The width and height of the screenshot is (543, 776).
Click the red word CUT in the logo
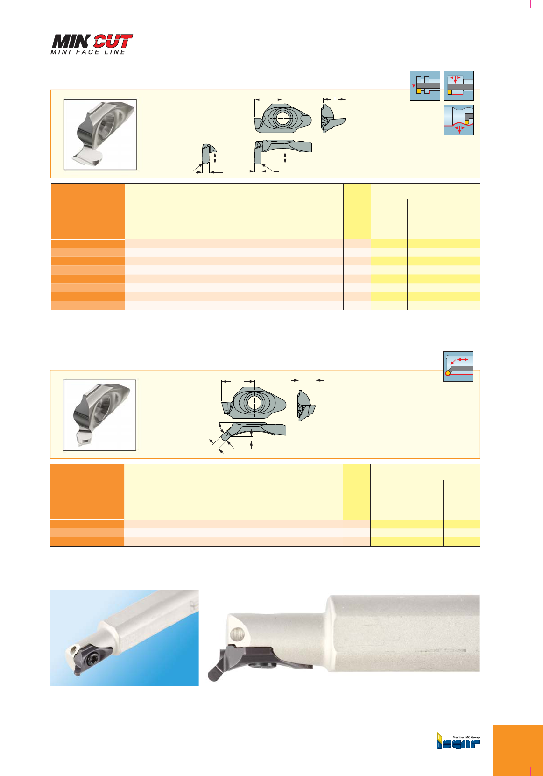(x=113, y=41)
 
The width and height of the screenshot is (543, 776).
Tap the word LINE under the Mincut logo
(x=115, y=52)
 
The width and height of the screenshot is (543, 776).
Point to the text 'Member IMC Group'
(x=466, y=737)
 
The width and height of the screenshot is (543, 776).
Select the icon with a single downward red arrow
(x=425, y=85)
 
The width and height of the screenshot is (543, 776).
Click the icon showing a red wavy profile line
(x=458, y=120)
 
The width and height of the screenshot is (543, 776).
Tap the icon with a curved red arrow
(x=458, y=367)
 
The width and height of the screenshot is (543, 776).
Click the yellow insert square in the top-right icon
(x=450, y=93)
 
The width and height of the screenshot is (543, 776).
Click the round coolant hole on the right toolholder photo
(x=237, y=634)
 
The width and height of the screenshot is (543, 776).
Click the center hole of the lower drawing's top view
(x=254, y=402)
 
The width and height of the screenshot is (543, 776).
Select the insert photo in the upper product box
(x=100, y=135)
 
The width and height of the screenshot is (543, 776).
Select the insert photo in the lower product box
(x=100, y=415)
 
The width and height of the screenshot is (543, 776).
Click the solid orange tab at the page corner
(x=517, y=750)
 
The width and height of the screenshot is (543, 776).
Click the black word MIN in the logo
(x=71, y=41)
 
